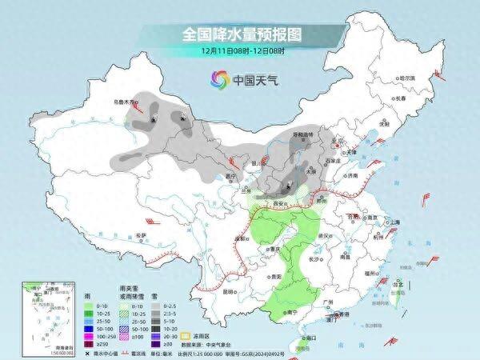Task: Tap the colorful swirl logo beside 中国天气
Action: pyautogui.click(x=218, y=79)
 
